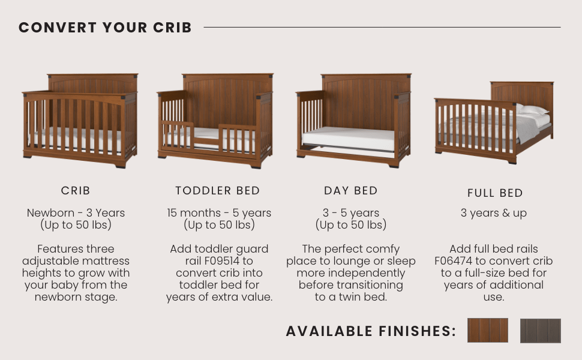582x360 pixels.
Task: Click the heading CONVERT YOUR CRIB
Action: [105, 28]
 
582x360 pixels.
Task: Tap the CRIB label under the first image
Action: [76, 191]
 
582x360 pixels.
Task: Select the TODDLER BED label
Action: [218, 191]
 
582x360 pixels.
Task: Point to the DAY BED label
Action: [351, 191]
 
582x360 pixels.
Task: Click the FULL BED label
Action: [495, 193]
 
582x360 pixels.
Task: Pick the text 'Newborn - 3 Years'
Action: [76, 213]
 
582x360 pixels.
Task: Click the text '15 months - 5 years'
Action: [219, 213]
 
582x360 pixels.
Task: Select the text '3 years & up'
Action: [494, 213]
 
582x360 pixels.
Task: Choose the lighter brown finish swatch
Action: [487, 330]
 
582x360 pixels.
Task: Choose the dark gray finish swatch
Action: [540, 331]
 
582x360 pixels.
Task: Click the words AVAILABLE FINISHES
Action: [371, 331]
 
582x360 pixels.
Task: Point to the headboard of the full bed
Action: [522, 94]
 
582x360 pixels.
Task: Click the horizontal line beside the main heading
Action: [382, 27]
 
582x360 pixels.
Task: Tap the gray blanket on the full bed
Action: [528, 128]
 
